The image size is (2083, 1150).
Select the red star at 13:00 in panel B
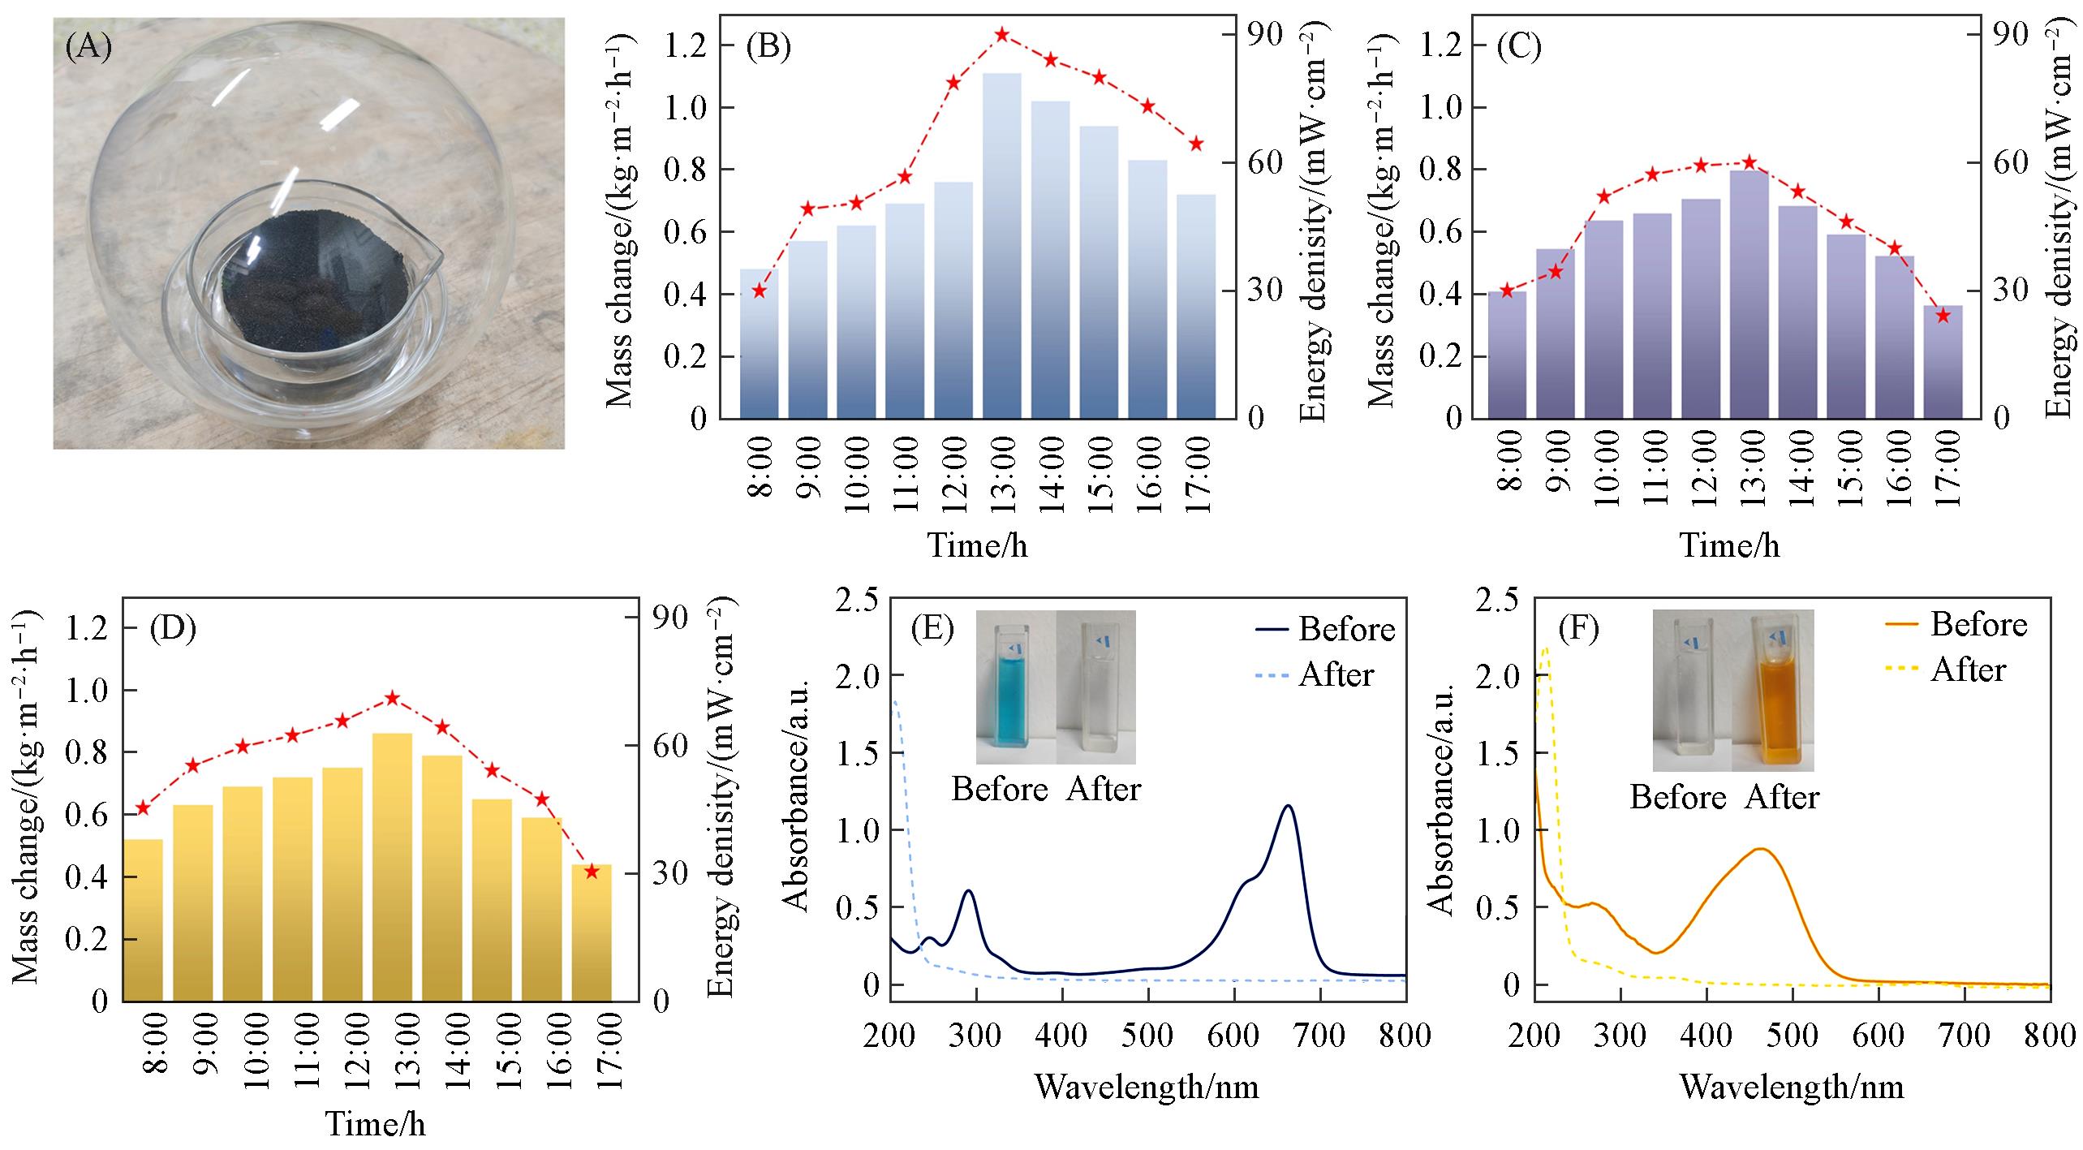[x=1002, y=35]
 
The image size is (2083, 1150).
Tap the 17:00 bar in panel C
[x=1943, y=362]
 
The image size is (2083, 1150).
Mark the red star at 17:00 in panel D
[x=592, y=872]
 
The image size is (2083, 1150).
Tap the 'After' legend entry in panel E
[x=1335, y=675]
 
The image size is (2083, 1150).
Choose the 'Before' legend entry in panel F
[x=1978, y=624]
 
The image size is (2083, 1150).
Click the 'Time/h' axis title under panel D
[x=375, y=1124]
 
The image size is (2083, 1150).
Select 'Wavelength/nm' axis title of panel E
[x=1147, y=1086]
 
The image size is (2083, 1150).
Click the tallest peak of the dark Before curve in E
[x=1287, y=806]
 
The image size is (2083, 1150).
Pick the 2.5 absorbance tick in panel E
[x=858, y=600]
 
